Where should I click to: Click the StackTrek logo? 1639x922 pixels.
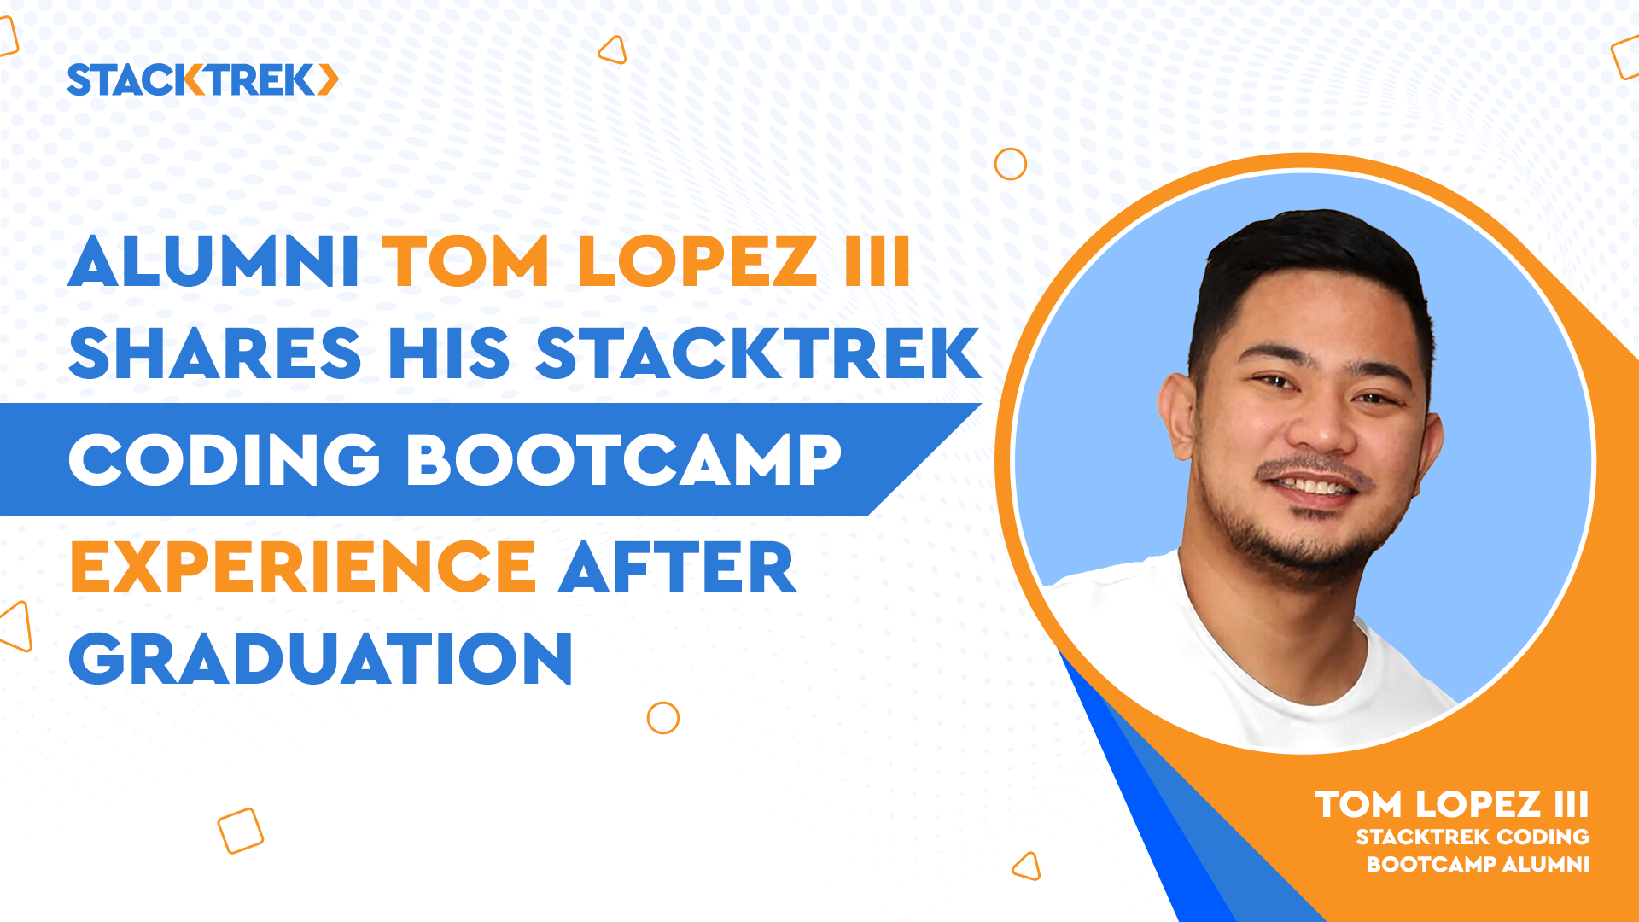tap(202, 80)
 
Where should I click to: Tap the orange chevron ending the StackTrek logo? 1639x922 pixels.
tap(329, 80)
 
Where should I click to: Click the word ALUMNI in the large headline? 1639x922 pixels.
tap(214, 262)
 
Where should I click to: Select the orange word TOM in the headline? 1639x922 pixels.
tap(466, 262)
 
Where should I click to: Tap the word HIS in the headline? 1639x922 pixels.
tap(449, 353)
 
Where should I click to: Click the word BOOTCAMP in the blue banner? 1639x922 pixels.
tap(624, 460)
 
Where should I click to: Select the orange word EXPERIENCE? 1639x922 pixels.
tap(303, 567)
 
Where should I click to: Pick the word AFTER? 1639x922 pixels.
tap(677, 567)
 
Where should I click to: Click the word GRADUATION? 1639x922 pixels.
tap(321, 659)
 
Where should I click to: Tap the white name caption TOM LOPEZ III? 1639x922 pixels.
tap(1451, 804)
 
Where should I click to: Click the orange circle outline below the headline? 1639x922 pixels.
tap(662, 718)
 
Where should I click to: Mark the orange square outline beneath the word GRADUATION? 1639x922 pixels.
tap(241, 831)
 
